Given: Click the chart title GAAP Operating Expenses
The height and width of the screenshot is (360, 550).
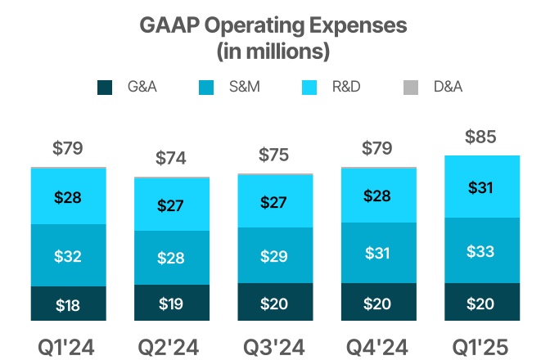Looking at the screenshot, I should [x=273, y=25].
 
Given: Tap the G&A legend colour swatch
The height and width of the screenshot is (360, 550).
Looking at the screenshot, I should [x=105, y=87].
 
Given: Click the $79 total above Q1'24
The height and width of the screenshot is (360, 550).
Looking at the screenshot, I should [x=68, y=149].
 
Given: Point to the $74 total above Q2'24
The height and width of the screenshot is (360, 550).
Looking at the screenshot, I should [x=171, y=159].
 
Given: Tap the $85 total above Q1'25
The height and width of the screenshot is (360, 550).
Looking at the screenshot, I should [x=481, y=137].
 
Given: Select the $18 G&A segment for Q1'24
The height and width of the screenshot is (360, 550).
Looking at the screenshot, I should [x=68, y=305].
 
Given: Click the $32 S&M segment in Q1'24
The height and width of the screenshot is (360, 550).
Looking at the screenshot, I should [x=68, y=256].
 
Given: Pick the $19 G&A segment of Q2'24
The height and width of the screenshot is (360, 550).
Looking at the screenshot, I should [x=171, y=304].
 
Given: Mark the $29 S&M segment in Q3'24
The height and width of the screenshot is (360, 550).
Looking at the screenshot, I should [x=274, y=256].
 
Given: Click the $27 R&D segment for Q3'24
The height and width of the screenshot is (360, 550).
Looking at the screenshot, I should [x=274, y=202].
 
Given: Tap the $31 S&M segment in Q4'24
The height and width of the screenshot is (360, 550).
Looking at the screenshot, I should [x=377, y=254].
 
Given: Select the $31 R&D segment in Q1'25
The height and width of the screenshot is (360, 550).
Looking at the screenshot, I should [x=481, y=187].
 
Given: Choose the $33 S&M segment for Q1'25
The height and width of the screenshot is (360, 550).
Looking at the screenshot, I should [x=481, y=251].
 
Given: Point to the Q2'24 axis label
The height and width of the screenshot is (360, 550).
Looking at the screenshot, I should [x=171, y=347].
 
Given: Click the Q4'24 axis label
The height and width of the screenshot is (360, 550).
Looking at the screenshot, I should [x=377, y=347].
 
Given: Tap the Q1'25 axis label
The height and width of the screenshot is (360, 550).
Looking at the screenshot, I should [x=481, y=347].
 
